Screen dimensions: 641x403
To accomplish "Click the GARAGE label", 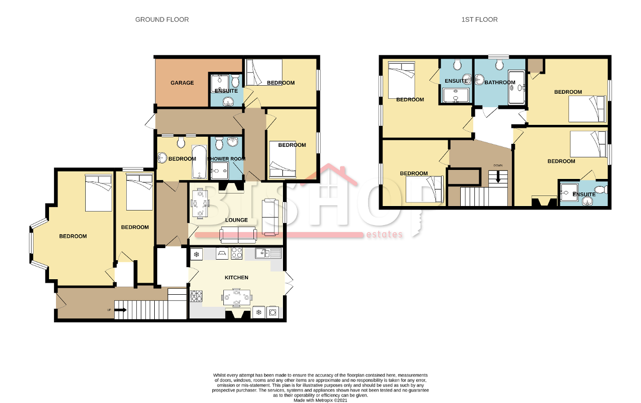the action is coord(182,83).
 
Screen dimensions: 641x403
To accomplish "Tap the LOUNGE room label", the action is coord(236,220).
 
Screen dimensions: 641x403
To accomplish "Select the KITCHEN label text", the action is coord(236,278).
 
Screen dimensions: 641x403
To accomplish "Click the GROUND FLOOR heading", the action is coord(162,20).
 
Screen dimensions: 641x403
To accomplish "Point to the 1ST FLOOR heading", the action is coord(479,20).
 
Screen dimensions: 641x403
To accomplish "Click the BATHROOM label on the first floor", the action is coord(500,83).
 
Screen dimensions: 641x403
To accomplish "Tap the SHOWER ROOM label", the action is coord(226,159).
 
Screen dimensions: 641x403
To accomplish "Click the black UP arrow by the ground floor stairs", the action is coord(121,310).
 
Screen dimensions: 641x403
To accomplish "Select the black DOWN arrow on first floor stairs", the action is coord(498,177).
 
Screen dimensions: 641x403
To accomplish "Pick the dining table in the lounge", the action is coord(200,204).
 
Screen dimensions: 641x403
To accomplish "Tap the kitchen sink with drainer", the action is coord(268,253).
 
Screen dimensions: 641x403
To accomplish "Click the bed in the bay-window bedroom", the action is coord(99,193).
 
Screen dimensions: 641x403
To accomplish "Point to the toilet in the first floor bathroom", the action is coord(499,64).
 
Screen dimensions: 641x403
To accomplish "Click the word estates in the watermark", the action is coord(384,234).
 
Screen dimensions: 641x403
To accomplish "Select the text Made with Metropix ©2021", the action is coord(320,400).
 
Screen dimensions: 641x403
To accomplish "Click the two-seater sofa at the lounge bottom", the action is coord(238,235).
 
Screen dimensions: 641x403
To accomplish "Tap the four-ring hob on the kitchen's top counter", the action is coord(237,254).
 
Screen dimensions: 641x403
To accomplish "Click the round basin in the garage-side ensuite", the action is coord(228,101).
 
